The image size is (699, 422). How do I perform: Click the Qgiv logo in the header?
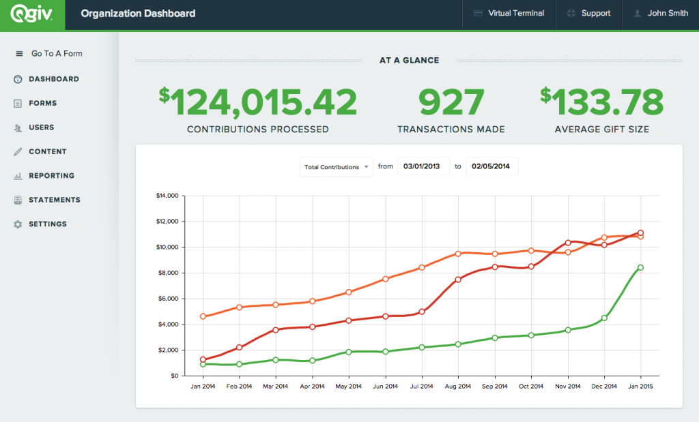click(32, 14)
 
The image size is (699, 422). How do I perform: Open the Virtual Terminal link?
click(509, 14)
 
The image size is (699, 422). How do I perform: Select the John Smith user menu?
click(660, 14)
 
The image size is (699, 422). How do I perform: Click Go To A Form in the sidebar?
click(56, 54)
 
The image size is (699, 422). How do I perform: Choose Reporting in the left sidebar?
click(51, 176)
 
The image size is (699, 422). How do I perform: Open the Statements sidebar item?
click(54, 200)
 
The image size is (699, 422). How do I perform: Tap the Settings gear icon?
click(18, 224)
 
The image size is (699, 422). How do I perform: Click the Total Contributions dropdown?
click(336, 167)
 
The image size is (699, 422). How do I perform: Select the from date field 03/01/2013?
click(424, 166)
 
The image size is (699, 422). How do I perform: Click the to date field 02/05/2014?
click(491, 166)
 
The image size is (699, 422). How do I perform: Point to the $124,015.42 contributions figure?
click(258, 103)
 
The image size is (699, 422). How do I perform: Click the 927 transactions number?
click(451, 103)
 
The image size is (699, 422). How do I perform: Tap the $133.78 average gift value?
click(601, 103)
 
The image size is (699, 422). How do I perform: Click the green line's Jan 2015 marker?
click(640, 267)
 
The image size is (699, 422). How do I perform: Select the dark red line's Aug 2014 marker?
click(458, 280)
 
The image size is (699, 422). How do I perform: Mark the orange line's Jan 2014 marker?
click(203, 316)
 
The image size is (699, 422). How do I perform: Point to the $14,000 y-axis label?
click(167, 196)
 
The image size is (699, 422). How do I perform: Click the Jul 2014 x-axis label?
click(421, 387)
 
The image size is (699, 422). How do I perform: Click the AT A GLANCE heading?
click(409, 60)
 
